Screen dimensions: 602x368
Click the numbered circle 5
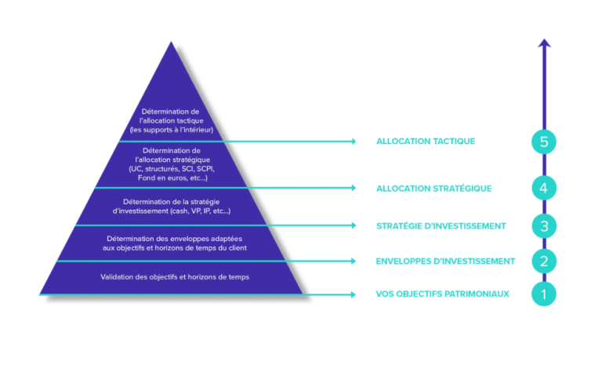544,142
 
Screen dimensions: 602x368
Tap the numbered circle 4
544,188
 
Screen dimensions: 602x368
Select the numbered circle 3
544,225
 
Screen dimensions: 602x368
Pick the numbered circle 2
544,261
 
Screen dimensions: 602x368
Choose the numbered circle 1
544,294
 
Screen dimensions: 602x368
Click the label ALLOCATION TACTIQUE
426,142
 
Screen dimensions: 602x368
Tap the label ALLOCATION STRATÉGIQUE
433,188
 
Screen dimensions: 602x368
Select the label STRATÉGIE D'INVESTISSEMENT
441,225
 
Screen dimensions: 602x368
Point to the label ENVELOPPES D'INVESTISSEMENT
445,261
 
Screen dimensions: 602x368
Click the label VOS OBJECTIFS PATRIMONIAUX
442,294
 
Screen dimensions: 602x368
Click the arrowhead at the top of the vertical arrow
544,43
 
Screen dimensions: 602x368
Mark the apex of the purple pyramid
171,41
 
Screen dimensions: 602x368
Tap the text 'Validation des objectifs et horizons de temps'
175,276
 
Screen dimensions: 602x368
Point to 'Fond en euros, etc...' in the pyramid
172,178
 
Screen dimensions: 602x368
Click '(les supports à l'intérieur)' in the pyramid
172,130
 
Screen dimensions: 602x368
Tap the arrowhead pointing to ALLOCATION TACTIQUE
354,142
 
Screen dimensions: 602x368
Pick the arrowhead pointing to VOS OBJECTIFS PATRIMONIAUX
354,294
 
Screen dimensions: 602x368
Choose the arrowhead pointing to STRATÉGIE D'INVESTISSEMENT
354,225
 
